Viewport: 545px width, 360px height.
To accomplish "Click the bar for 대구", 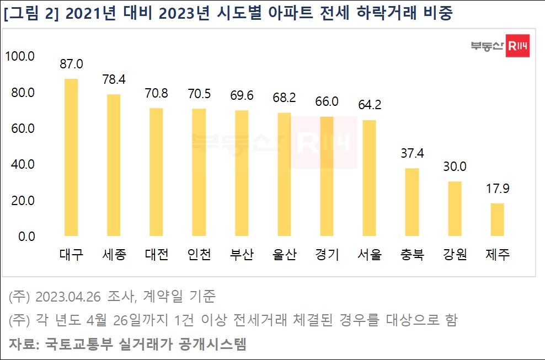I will (71, 157).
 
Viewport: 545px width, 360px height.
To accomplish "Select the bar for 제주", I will (497, 219).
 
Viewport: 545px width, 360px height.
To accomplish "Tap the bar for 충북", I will (412, 202).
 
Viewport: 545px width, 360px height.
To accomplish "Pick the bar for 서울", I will (369, 178).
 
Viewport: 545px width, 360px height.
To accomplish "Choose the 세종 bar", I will (114, 165).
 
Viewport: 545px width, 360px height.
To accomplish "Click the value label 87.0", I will (71, 64).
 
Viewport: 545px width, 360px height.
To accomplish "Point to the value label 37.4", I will (412, 153).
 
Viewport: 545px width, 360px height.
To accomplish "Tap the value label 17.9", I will (497, 189).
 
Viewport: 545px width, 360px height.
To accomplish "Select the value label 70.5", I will (199, 94).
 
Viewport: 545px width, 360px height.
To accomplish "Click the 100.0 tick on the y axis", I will (20, 56).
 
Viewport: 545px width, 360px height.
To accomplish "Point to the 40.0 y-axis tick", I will (23, 164).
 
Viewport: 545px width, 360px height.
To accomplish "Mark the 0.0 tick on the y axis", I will (25, 237).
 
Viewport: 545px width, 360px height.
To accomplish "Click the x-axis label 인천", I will (199, 255).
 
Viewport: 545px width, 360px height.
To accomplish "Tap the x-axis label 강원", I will (455, 255).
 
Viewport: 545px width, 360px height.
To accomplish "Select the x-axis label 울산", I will (284, 255).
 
